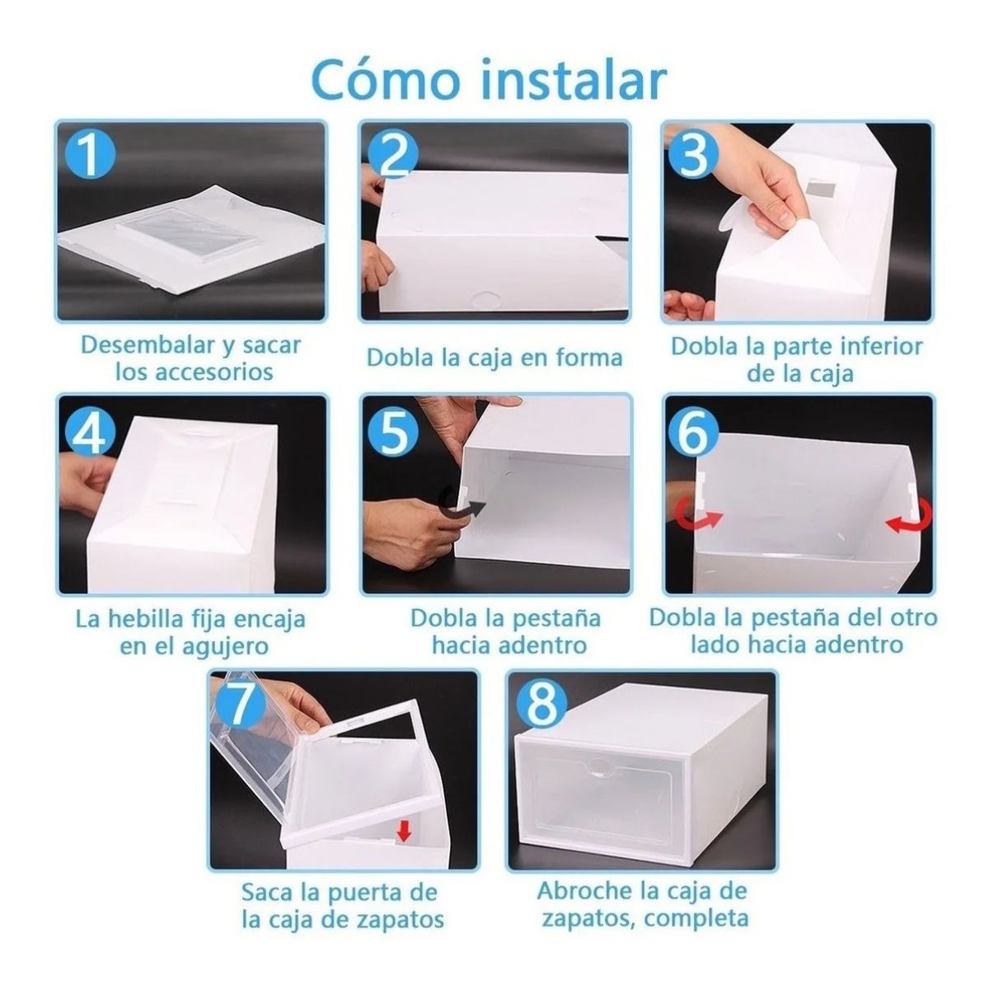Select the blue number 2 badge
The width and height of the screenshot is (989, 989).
coord(392,154)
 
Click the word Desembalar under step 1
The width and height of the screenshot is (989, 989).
coord(138,345)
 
